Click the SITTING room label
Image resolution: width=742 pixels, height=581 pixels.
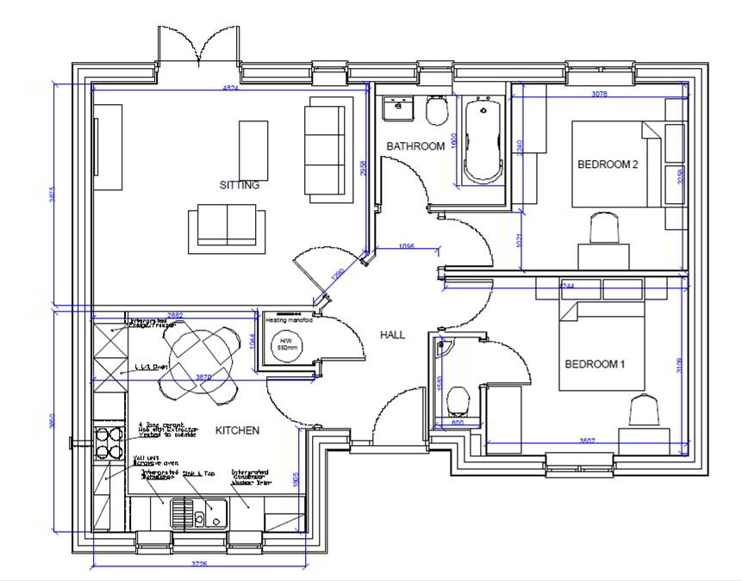(x=239, y=185)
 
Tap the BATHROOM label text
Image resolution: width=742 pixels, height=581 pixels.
(x=415, y=146)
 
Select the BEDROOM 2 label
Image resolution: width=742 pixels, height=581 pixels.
(x=607, y=165)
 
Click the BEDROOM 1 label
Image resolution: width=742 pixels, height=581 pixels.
(x=594, y=364)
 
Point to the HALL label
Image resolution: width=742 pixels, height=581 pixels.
(x=392, y=335)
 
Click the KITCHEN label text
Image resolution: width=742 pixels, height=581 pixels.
(x=237, y=430)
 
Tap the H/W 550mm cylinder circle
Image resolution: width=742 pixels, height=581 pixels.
(x=284, y=347)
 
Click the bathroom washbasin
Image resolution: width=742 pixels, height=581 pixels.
(x=397, y=107)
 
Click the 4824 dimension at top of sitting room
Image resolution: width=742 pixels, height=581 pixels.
(x=230, y=89)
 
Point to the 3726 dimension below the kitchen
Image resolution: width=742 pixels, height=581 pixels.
(x=199, y=565)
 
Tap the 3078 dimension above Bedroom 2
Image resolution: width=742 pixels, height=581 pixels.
(x=600, y=93)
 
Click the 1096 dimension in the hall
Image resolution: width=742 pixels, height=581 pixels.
(x=407, y=246)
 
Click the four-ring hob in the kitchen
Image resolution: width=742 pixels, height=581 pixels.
(x=109, y=442)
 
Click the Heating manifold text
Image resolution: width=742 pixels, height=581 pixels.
(x=289, y=319)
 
